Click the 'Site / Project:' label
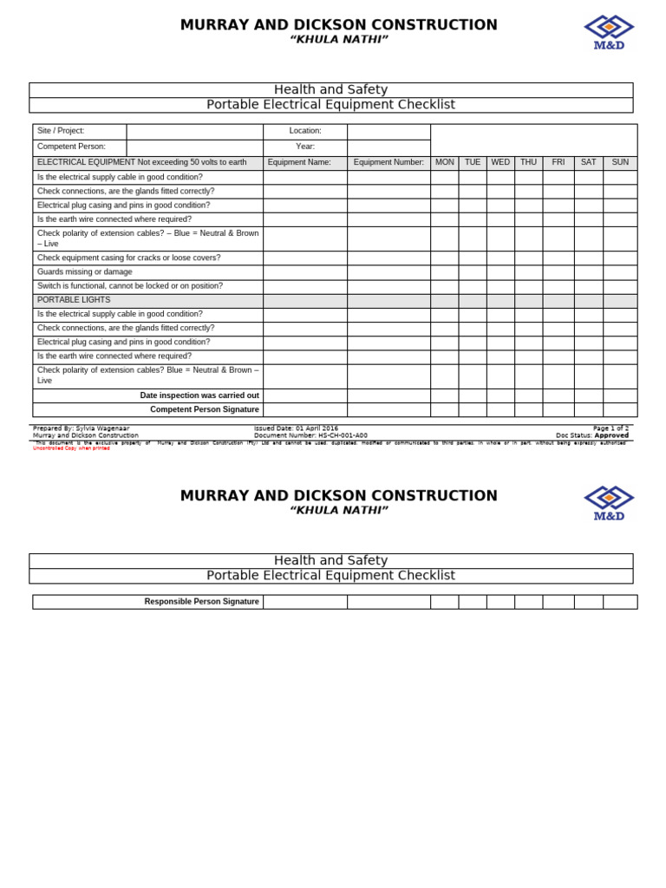point(61,131)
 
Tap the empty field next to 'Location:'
point(388,132)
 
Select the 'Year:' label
point(305,147)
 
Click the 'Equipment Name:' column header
point(299,162)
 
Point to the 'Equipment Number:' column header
point(388,162)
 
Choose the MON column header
point(445,162)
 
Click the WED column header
point(500,162)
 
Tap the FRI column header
point(558,162)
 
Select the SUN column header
point(620,162)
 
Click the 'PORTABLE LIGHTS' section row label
point(74,300)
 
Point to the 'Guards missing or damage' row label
point(85,271)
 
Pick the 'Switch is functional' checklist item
point(130,286)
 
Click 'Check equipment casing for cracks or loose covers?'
point(129,258)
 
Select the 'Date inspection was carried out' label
point(199,395)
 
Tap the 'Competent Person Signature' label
point(205,409)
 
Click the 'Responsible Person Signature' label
point(202,602)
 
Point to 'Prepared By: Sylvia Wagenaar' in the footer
point(82,428)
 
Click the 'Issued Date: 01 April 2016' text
point(297,428)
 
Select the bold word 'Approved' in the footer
point(611,435)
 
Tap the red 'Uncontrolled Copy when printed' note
point(72,448)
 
